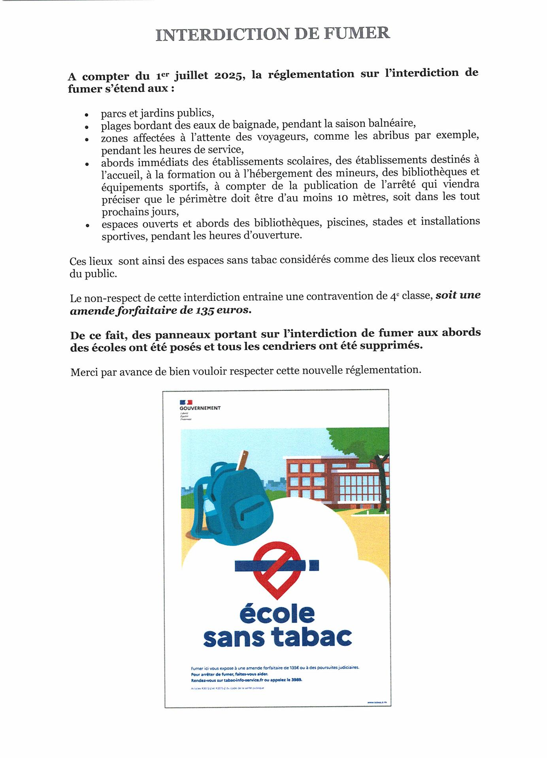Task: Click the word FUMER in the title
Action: [x=356, y=33]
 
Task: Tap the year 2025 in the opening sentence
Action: [x=228, y=75]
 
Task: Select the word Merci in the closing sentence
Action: [x=84, y=372]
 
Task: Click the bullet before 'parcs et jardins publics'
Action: [x=87, y=115]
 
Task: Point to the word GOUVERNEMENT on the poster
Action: [x=200, y=408]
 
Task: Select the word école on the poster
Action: [x=277, y=614]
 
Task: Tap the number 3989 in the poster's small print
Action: [x=296, y=680]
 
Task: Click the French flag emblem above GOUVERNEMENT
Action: [x=186, y=402]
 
